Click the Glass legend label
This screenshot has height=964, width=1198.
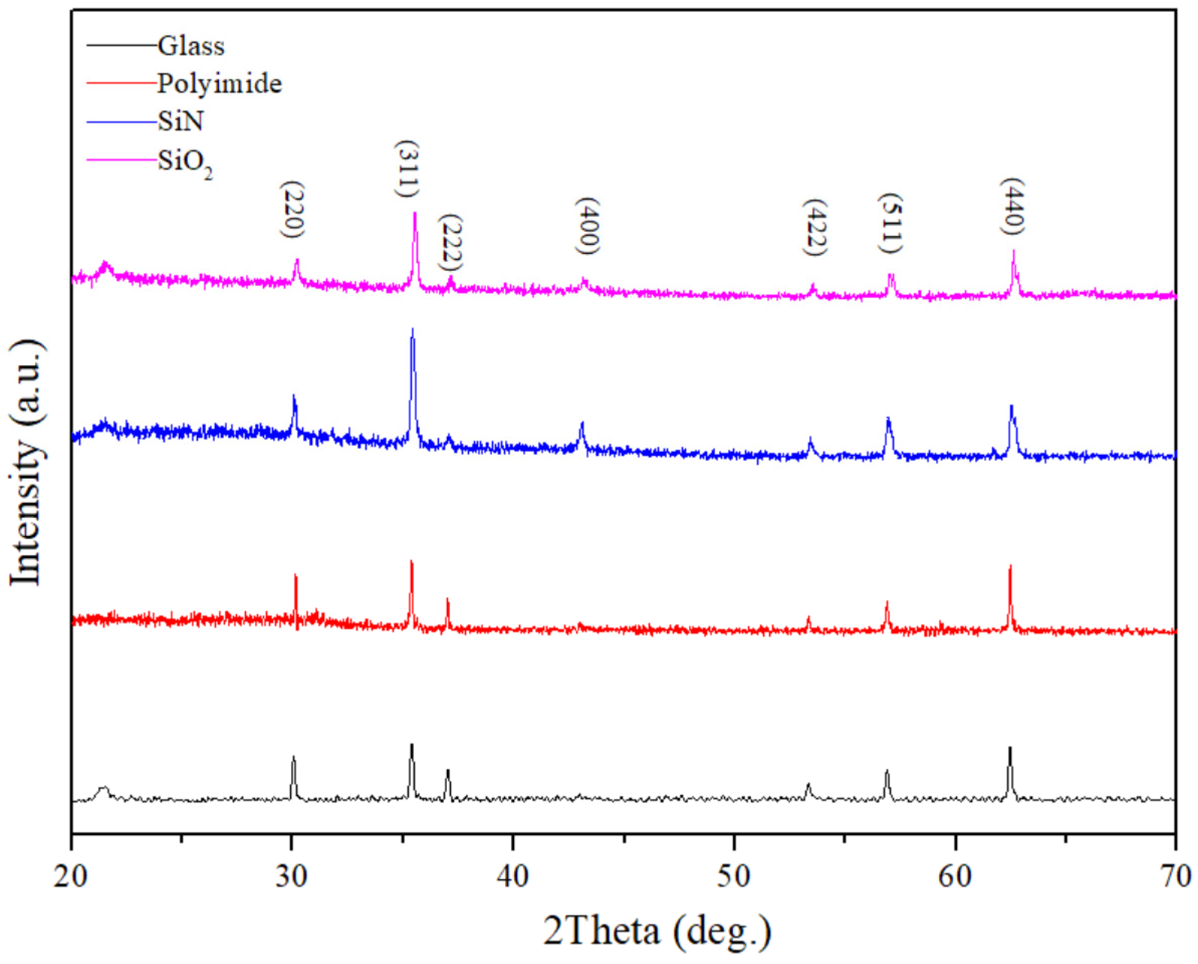[x=191, y=46]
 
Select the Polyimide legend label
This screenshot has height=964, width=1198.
[x=219, y=84]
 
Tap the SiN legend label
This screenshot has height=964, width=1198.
[x=180, y=121]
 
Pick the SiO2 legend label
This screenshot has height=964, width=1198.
[x=185, y=162]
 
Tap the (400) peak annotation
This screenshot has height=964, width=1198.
[x=588, y=226]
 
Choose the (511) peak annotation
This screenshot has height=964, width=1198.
[x=891, y=223]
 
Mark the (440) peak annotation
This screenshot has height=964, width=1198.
[x=1013, y=206]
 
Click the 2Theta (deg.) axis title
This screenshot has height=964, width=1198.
[x=657, y=930]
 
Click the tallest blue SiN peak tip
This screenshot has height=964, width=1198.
[x=412, y=329]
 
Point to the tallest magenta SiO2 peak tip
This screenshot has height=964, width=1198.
[x=415, y=213]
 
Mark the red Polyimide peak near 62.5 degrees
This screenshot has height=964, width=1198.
[x=1010, y=566]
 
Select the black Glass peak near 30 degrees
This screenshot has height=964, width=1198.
[x=293, y=757]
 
